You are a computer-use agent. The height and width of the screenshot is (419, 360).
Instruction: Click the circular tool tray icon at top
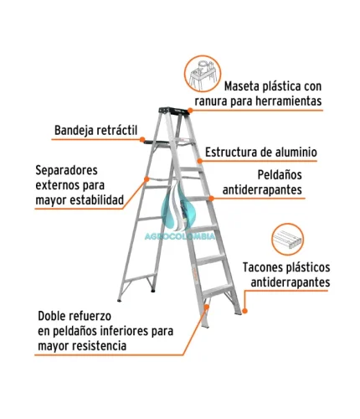(x=203, y=74)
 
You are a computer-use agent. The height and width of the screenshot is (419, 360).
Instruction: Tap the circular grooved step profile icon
(x=287, y=239)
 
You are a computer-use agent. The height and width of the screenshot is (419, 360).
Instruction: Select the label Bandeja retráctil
(x=95, y=130)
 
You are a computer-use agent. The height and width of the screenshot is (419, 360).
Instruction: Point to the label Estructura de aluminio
(x=261, y=153)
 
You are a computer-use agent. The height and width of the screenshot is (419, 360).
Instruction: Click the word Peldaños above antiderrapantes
(x=280, y=175)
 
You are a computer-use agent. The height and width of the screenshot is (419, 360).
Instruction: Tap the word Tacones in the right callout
(x=262, y=267)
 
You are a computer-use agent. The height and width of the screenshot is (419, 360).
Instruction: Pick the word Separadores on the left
(x=66, y=170)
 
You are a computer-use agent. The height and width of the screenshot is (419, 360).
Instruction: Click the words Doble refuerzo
(x=75, y=316)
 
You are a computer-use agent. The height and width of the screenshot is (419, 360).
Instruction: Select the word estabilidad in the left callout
(x=96, y=200)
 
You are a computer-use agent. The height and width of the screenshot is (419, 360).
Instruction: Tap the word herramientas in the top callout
(x=289, y=101)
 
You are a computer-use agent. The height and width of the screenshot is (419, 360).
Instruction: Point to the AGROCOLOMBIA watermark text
(x=180, y=236)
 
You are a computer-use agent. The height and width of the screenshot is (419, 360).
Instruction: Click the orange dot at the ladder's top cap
(x=190, y=111)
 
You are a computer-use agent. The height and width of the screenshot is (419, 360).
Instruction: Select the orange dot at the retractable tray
(x=142, y=139)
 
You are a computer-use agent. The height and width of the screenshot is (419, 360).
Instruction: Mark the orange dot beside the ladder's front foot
(x=244, y=311)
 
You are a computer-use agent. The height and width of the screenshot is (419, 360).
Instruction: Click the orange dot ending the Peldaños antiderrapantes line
(x=211, y=199)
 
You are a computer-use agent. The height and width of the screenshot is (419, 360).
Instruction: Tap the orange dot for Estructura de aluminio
(x=199, y=161)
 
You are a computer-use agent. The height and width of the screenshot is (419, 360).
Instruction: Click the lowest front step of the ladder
(x=218, y=290)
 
